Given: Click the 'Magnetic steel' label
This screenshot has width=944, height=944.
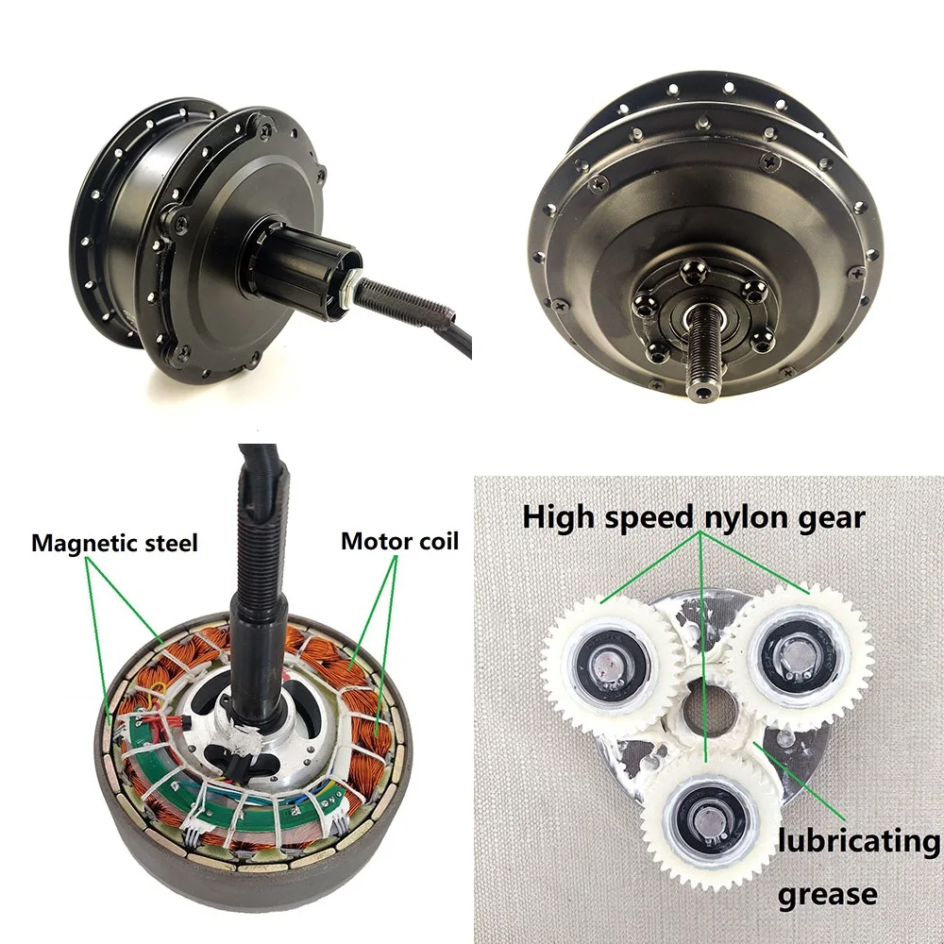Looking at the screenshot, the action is [x=114, y=543].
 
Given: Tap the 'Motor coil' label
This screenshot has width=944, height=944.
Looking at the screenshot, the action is [x=399, y=541].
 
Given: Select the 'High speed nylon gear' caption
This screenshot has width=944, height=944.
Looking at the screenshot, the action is [x=694, y=517].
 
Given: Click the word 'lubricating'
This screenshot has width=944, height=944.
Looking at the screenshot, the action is [x=859, y=841].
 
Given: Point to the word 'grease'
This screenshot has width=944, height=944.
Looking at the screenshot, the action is [x=827, y=893].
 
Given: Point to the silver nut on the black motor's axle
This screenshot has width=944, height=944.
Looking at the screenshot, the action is [x=349, y=293].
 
